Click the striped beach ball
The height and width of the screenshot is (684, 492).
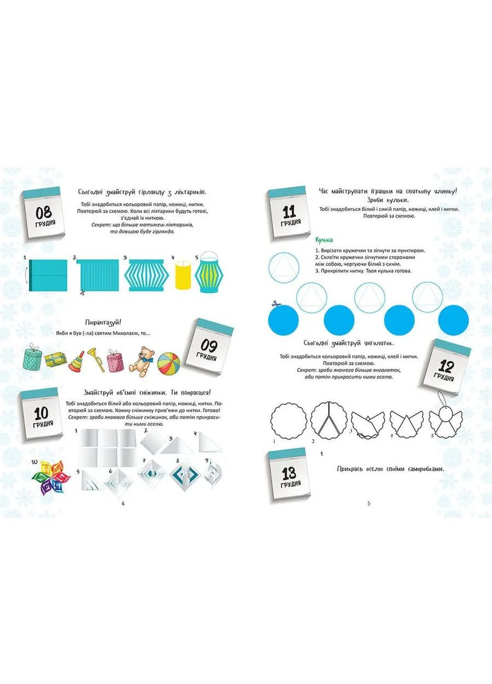(168, 364)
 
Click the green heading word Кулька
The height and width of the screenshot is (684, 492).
(325, 240)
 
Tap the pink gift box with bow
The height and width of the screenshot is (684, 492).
(115, 362)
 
